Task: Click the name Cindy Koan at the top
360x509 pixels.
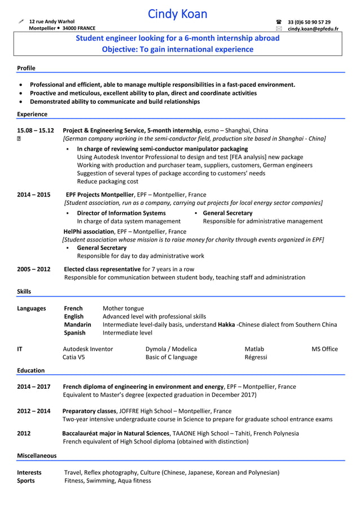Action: coord(178,14)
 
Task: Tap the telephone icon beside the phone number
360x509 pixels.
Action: coord(278,22)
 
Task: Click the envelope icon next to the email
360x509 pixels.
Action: coord(278,28)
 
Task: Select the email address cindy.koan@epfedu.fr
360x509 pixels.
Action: coord(313,28)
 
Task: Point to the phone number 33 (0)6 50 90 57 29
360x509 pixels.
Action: coord(309,22)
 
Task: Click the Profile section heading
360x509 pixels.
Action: coord(26,68)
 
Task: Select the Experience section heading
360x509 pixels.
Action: coord(32,114)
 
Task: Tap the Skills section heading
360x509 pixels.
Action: coord(24,291)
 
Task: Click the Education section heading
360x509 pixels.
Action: coord(30,370)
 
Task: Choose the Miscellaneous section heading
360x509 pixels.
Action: coord(37,455)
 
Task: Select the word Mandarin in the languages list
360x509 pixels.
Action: coord(77,324)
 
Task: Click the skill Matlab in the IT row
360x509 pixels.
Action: coord(254,349)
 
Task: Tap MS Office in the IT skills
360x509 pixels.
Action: coord(324,349)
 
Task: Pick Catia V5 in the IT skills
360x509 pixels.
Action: coord(74,357)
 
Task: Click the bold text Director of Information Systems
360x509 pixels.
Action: coord(121,213)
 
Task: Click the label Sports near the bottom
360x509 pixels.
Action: coord(26,481)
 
